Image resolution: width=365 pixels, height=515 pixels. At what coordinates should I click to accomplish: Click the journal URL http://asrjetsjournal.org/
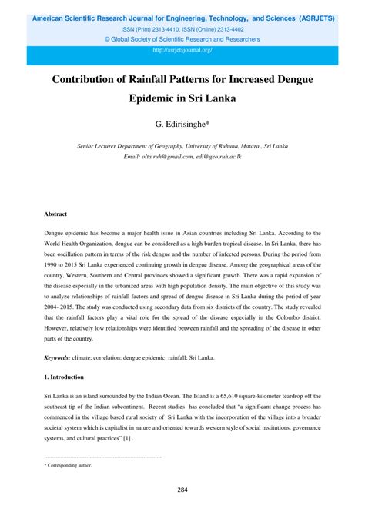coord(182,50)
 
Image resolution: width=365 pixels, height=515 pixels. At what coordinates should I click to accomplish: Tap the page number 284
coord(182,490)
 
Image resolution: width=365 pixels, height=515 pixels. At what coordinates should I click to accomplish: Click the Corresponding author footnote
coord(69,465)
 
